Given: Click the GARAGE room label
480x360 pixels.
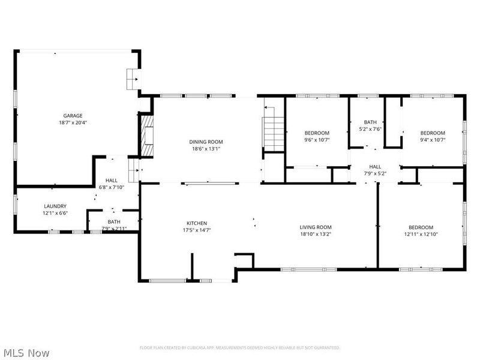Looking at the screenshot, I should pyautogui.click(x=73, y=116).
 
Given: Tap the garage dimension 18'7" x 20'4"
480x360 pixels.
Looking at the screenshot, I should pyautogui.click(x=73, y=122).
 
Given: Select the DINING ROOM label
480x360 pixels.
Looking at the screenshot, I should pyautogui.click(x=207, y=142).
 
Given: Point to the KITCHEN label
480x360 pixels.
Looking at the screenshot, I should pyautogui.click(x=196, y=223).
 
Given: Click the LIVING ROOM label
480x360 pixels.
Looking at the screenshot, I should pyautogui.click(x=316, y=227).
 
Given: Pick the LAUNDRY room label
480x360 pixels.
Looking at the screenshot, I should pyautogui.click(x=55, y=206).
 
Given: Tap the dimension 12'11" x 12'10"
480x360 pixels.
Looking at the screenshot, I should pyautogui.click(x=421, y=234).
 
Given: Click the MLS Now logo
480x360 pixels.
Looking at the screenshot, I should pyautogui.click(x=26, y=353).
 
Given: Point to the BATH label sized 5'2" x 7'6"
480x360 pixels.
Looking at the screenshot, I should pyautogui.click(x=370, y=122).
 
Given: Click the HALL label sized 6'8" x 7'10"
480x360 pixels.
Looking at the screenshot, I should pyautogui.click(x=112, y=181).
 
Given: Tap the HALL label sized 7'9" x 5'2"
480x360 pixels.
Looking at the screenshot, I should pyautogui.click(x=375, y=167).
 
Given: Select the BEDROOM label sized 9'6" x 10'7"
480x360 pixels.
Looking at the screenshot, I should pyautogui.click(x=317, y=133).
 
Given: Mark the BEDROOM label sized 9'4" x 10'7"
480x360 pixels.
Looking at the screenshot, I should pyautogui.click(x=432, y=133).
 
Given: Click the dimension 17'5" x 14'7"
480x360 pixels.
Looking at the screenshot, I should pyautogui.click(x=196, y=230).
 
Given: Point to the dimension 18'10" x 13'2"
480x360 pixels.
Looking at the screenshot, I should pyautogui.click(x=316, y=234).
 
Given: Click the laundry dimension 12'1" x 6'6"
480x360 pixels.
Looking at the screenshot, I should pyautogui.click(x=55, y=213).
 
